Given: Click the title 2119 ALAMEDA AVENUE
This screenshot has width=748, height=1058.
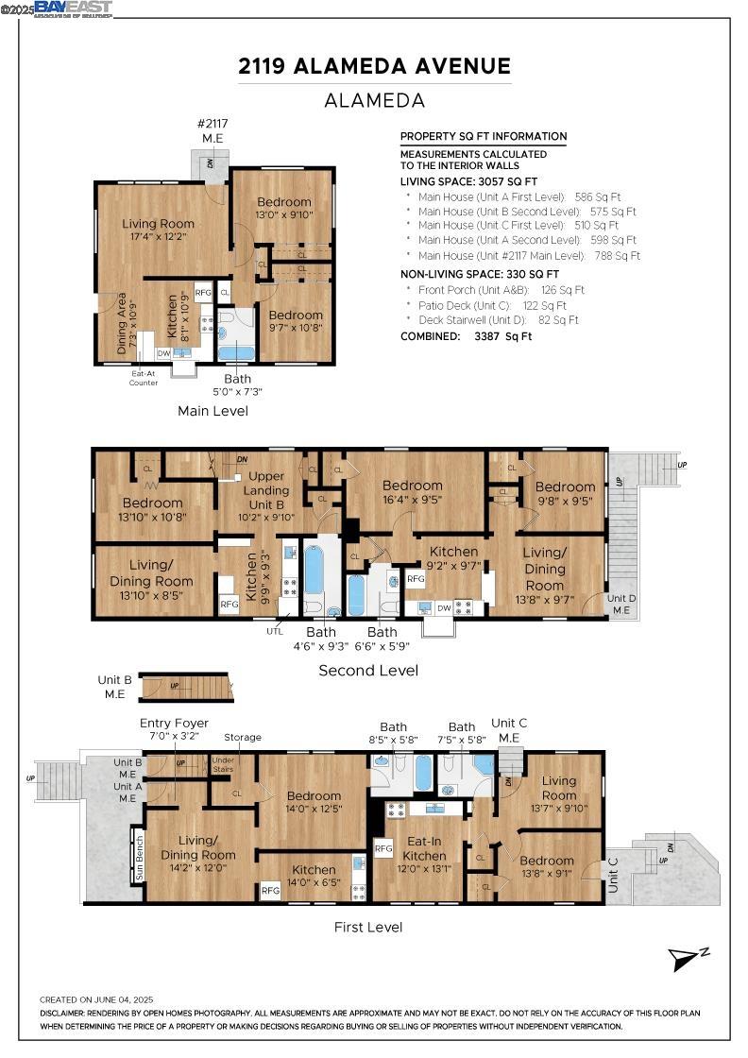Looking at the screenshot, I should tap(374, 66).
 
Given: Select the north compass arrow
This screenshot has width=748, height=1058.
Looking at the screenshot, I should tap(688, 958).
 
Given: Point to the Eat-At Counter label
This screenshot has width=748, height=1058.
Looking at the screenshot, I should tap(144, 378).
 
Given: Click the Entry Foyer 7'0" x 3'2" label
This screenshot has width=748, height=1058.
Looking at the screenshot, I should tap(174, 729).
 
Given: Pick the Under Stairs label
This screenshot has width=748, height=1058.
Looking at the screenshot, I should tap(223, 763).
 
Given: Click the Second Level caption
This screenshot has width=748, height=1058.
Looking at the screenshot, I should tap(367, 671).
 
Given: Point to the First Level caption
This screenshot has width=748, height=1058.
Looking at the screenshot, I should tap(368, 927).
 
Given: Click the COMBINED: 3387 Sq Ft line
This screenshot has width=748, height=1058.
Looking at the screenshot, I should tap(466, 336).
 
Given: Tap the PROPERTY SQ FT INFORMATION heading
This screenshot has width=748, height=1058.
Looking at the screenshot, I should tap(484, 136).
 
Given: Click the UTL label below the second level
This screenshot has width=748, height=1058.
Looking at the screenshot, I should tap(275, 630).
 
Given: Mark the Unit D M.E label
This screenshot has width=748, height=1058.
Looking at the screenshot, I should tap(620, 605).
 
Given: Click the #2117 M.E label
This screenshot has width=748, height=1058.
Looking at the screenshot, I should tap(212, 130).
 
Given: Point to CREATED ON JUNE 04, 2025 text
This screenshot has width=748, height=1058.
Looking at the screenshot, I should tap(96, 999).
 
